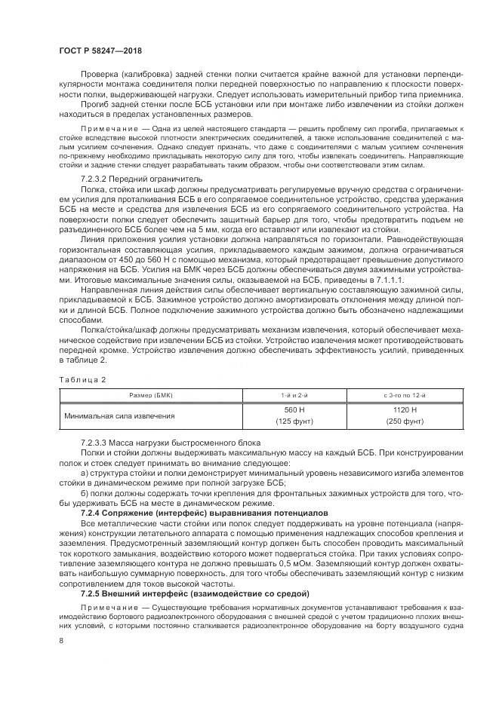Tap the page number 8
(61, 640)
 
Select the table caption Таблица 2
(83, 379)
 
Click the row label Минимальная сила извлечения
(119, 415)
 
